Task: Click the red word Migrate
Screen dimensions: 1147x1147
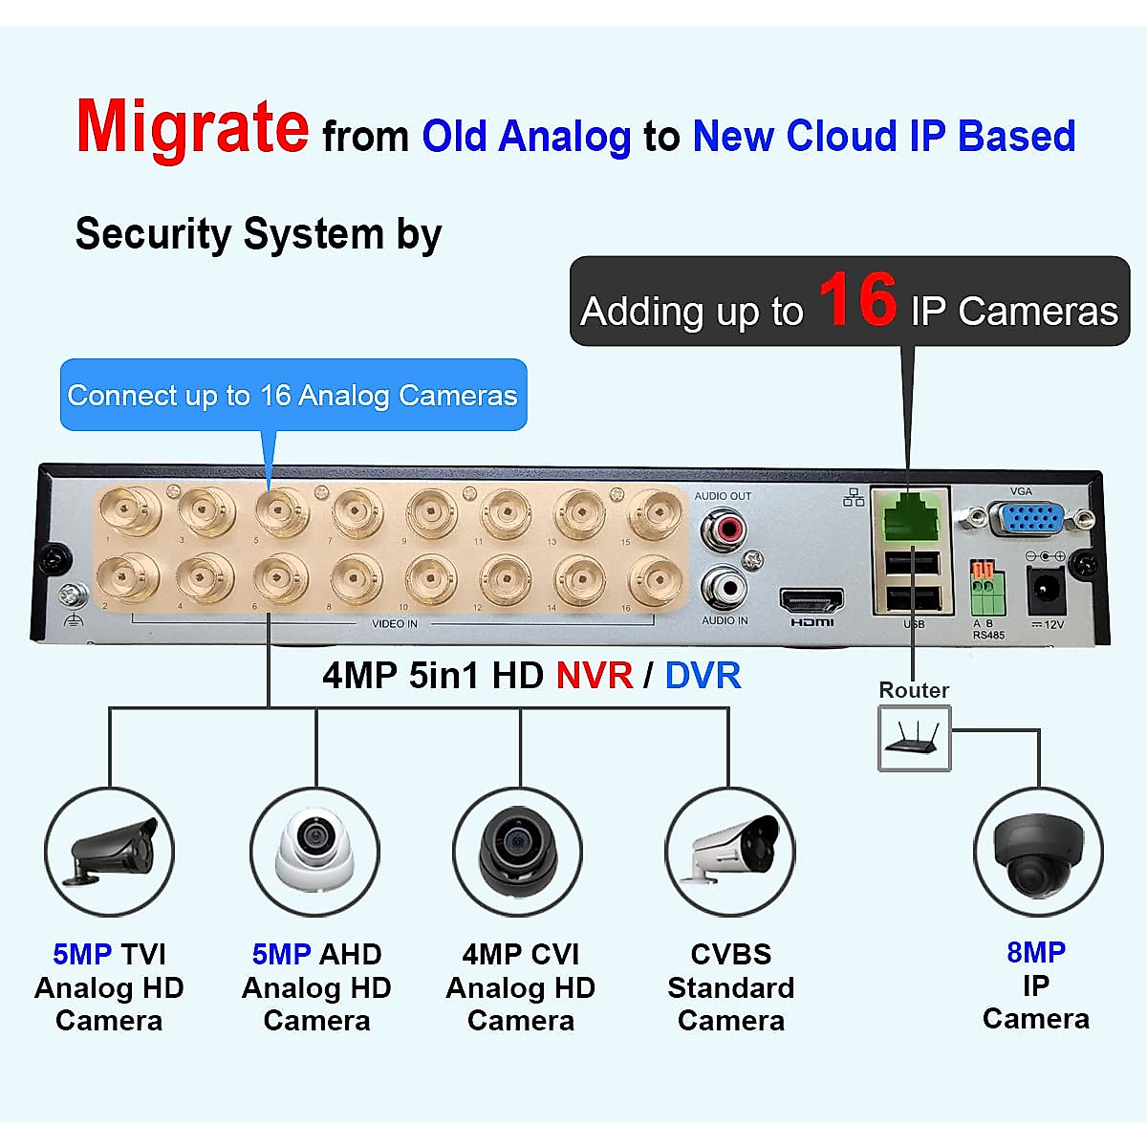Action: point(192,128)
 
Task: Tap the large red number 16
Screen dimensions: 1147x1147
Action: point(857,300)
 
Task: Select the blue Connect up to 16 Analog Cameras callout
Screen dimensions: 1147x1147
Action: point(292,395)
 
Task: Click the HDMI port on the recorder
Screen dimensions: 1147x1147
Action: point(812,601)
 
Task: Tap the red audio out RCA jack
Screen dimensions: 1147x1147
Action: point(724,527)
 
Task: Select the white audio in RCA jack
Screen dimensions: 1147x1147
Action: point(724,588)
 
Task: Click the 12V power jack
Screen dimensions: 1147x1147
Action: point(1045,591)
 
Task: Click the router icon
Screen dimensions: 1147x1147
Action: point(915,738)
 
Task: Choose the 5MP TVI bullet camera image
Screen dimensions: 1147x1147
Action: point(109,851)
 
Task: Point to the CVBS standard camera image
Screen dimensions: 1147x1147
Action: point(730,850)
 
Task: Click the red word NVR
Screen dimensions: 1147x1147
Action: point(594,676)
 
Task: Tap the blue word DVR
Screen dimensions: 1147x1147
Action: point(703,676)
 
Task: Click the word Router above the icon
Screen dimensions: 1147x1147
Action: point(914,690)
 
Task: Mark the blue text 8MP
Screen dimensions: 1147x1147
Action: point(1036,952)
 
